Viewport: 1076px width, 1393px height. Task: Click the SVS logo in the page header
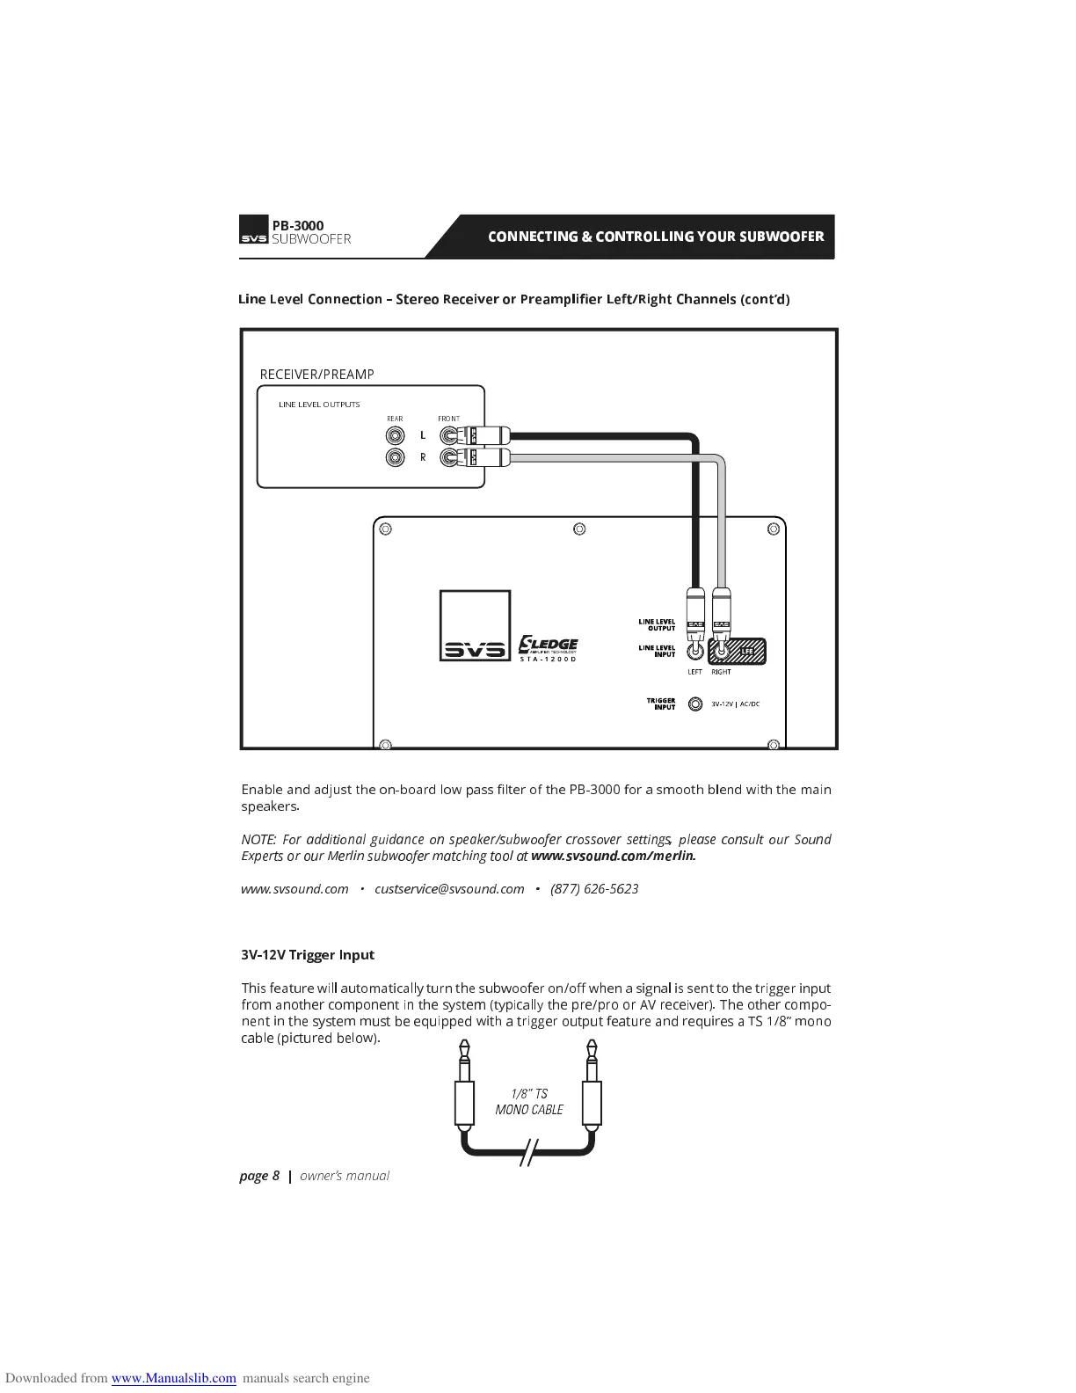[253, 231]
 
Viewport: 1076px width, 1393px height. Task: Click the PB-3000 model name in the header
[297, 225]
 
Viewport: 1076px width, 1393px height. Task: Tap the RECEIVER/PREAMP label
[316, 375]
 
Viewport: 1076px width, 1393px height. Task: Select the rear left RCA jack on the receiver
[396, 435]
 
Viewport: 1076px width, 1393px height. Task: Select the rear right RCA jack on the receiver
[396, 457]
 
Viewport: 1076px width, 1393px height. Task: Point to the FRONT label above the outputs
[448, 419]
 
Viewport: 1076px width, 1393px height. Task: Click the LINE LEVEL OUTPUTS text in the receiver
[319, 405]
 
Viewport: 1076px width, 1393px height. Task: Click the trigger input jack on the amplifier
[695, 704]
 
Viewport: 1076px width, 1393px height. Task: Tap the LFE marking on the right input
[748, 652]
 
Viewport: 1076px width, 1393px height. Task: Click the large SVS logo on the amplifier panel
[475, 626]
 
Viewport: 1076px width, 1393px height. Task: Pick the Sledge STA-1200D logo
[548, 648]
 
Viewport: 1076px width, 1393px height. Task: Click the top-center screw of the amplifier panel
[579, 529]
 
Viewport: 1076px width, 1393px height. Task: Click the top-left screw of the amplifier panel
[384, 529]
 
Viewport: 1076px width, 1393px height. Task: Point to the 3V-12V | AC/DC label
[735, 704]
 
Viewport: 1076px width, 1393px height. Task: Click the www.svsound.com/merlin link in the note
[613, 856]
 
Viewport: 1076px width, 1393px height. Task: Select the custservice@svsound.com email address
[449, 889]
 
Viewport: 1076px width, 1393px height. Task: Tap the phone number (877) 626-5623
[594, 889]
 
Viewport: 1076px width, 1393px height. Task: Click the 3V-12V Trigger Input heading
[308, 955]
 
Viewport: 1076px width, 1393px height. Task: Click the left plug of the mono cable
[464, 1090]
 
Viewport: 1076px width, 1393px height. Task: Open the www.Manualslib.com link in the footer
[173, 1378]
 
